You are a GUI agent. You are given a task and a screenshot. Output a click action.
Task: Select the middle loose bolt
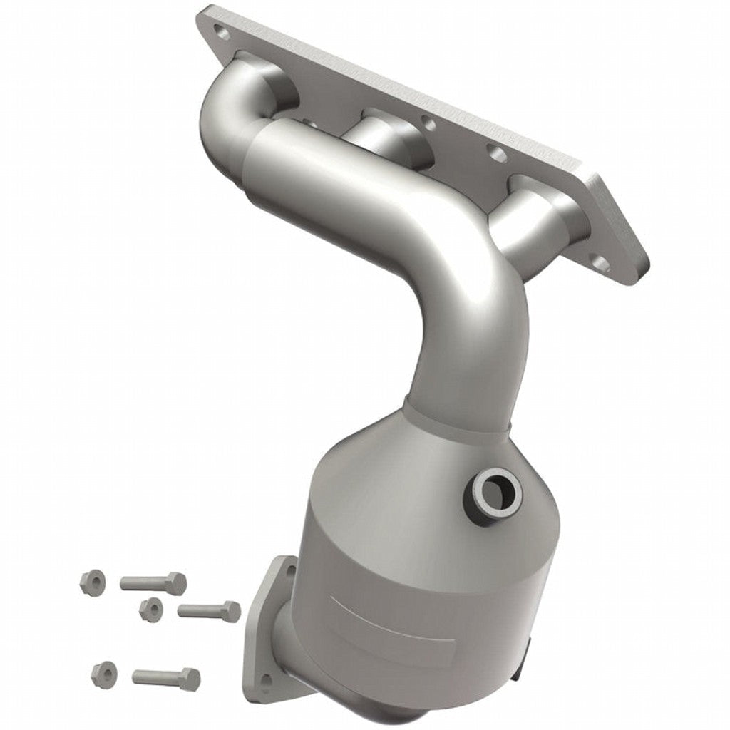pos(208,610)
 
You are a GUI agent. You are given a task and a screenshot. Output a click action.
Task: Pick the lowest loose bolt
pos(165,676)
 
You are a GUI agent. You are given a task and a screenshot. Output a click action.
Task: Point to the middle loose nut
pos(150,608)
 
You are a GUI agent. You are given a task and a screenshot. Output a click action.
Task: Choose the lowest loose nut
pos(105,672)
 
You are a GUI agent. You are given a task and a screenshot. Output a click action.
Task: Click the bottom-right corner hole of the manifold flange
pos(601,264)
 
